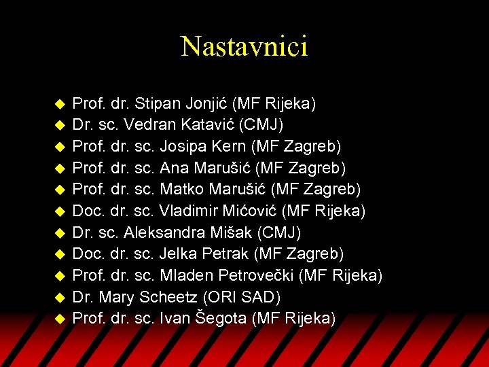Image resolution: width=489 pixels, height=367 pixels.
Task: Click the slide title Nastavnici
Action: point(244,46)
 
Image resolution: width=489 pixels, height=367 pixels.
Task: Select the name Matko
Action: point(181,190)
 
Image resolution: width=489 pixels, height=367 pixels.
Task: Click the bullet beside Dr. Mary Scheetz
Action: point(59,298)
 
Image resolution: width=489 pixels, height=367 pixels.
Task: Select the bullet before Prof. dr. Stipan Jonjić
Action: point(59,105)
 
